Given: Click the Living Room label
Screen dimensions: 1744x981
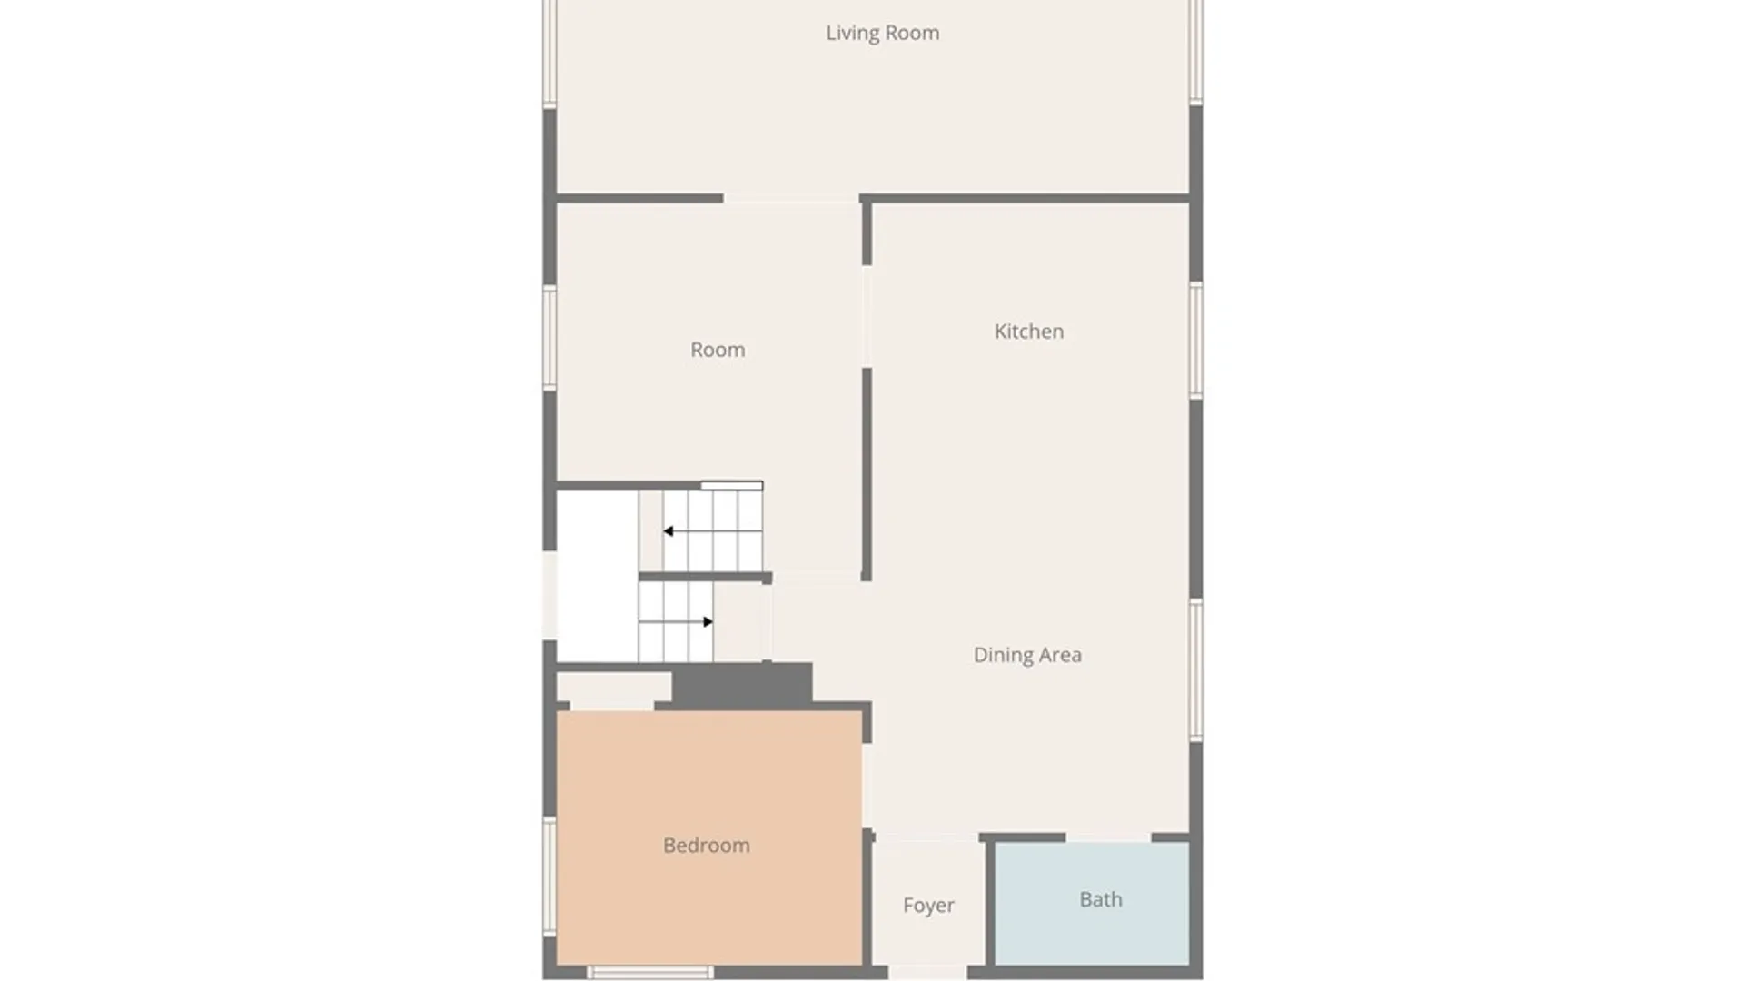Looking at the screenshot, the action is (x=882, y=34).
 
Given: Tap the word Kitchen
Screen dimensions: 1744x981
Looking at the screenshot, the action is (x=1028, y=332).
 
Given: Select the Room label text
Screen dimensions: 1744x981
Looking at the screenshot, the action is (x=718, y=350).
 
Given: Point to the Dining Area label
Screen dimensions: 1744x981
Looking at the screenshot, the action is (x=1027, y=655).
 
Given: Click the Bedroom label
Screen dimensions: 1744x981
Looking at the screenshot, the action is (x=707, y=846).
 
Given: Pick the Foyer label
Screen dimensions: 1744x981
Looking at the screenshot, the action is (x=928, y=906).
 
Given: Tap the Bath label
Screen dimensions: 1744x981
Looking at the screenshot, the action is (x=1101, y=899).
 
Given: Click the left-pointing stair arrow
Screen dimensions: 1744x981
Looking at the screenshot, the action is (x=669, y=531).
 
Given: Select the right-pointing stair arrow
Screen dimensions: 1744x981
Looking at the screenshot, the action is (x=708, y=622).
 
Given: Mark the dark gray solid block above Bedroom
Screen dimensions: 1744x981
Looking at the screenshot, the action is (x=742, y=684).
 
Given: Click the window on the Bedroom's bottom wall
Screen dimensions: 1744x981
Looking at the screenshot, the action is (x=649, y=973).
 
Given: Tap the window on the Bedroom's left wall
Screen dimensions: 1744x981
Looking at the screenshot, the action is (x=550, y=877).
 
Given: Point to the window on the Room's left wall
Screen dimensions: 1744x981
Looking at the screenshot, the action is (x=550, y=339).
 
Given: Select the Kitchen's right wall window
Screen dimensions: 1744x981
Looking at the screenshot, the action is (x=1196, y=340).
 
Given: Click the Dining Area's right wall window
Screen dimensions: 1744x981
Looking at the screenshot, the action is (x=1196, y=669).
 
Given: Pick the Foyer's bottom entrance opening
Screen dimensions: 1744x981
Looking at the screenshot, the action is (x=927, y=973).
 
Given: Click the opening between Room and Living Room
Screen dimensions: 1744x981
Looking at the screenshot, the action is (x=791, y=198).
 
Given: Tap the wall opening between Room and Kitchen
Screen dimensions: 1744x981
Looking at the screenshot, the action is (x=867, y=316).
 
